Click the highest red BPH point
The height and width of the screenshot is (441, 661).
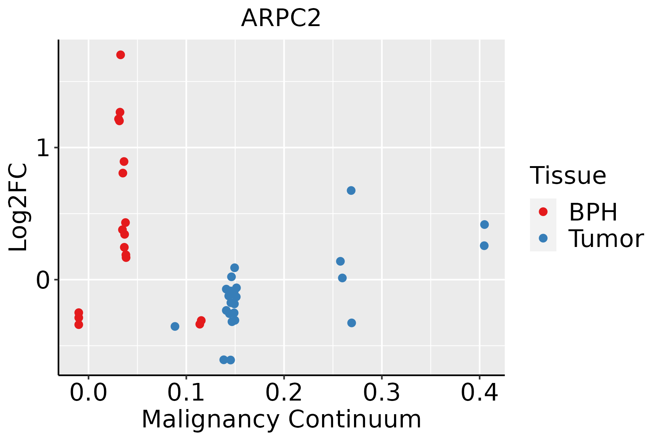(120, 55)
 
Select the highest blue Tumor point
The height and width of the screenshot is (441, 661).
(351, 190)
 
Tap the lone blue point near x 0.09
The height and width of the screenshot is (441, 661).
(175, 326)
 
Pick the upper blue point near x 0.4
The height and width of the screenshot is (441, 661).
(484, 225)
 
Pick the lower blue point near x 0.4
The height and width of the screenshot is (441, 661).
(484, 245)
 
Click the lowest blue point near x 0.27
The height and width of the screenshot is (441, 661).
(351, 323)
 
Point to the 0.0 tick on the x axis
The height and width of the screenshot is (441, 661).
(89, 393)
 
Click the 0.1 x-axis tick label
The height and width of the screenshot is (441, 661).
(186, 393)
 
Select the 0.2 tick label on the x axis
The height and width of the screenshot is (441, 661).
(284, 393)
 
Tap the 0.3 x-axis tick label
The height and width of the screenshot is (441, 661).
(382, 393)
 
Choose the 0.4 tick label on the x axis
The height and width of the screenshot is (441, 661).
(479, 393)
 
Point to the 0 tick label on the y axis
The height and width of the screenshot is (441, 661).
(43, 280)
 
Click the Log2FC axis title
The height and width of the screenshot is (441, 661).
(18, 207)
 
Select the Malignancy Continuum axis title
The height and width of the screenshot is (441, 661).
(281, 419)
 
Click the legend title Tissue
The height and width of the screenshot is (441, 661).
(568, 176)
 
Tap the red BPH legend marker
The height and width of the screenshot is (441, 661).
(543, 212)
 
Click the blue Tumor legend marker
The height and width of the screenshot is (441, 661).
(543, 238)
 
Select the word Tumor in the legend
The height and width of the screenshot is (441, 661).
(606, 239)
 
